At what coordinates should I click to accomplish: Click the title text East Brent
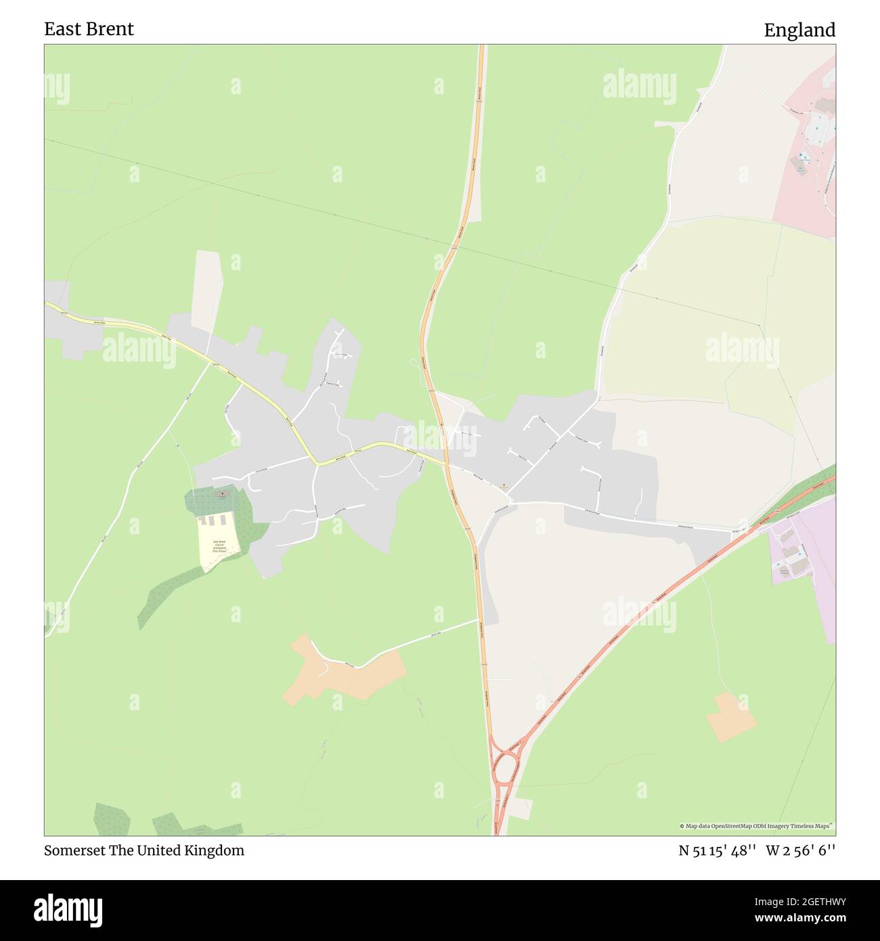tap(89, 29)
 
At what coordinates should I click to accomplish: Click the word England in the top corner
tap(799, 30)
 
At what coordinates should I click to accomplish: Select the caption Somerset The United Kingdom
tap(144, 850)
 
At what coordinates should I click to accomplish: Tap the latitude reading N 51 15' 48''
tap(717, 851)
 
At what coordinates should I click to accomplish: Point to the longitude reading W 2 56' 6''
tap(801, 851)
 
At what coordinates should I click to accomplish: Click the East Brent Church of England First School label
tap(219, 546)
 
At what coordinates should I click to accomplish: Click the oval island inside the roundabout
tap(504, 768)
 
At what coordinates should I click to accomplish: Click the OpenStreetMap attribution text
tap(756, 826)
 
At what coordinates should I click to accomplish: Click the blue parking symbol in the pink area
tap(803, 157)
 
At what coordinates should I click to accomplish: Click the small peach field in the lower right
tap(731, 716)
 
